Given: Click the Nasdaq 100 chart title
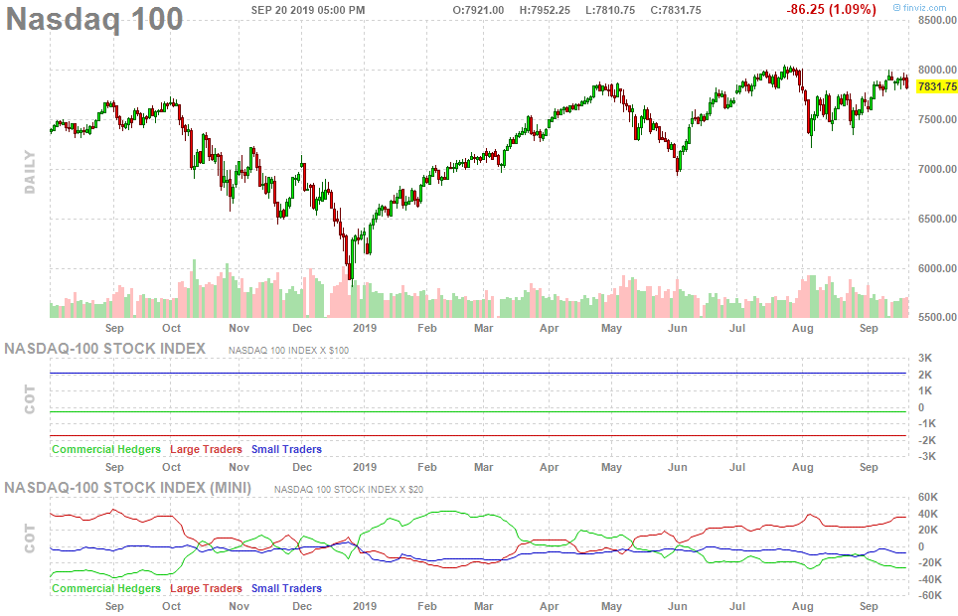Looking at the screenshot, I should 95,19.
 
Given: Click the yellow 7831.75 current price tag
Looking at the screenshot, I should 937,86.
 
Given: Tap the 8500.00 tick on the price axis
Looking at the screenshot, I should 937,20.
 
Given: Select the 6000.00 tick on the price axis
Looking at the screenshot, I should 937,268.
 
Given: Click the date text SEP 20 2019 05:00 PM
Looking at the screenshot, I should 307,10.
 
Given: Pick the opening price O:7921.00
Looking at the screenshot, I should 479,10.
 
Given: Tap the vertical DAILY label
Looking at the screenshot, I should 30,171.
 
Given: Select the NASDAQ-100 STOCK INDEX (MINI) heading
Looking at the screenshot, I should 128,487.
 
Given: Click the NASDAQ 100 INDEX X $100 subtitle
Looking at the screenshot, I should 288,350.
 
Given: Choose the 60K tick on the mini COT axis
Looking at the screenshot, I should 929,497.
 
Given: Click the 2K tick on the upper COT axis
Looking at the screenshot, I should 925,375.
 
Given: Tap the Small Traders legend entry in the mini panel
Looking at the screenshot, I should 286,588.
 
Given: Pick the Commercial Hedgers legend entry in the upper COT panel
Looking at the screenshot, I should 105,449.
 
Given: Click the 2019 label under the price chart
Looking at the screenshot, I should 365,327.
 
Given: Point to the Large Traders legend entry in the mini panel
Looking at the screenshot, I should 206,588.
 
